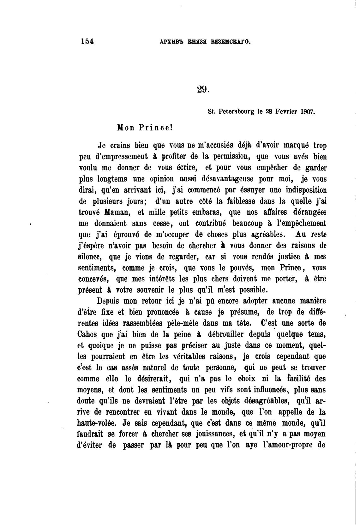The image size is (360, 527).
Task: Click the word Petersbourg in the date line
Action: [x=237, y=111]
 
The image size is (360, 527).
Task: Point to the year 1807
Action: [x=308, y=111]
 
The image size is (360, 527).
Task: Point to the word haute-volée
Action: [x=95, y=423]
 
